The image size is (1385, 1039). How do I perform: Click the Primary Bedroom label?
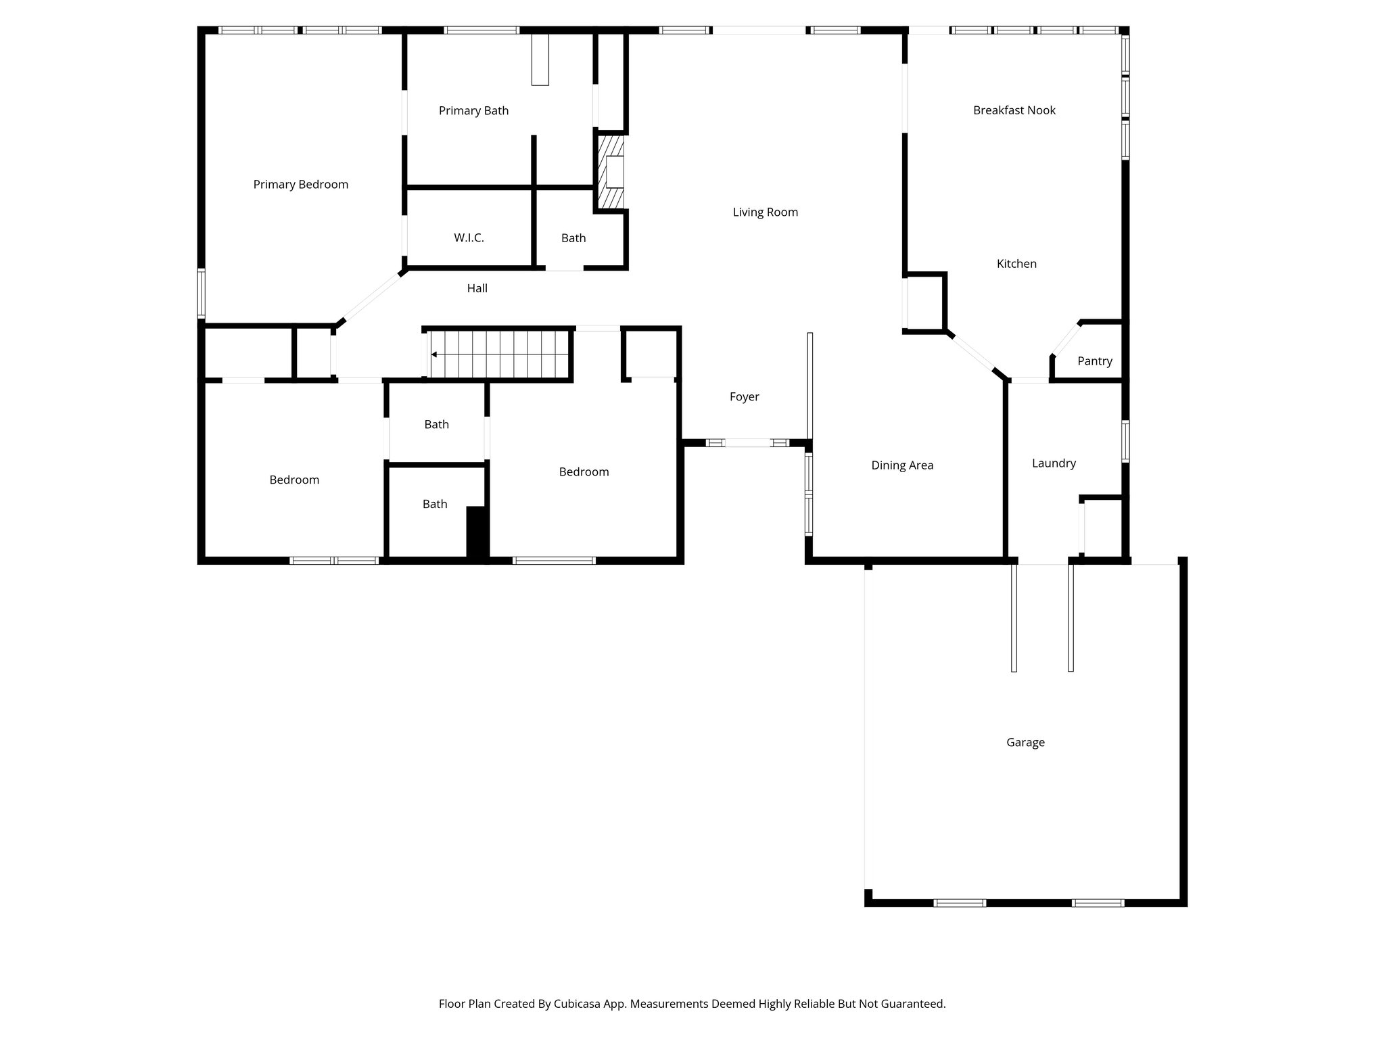click(x=300, y=185)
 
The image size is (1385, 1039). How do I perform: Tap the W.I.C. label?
click(x=469, y=238)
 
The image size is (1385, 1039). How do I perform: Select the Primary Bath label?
click(x=473, y=111)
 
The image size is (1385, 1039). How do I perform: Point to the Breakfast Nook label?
click(x=1014, y=110)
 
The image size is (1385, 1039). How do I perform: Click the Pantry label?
click(x=1094, y=361)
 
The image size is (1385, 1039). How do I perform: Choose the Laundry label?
click(x=1054, y=463)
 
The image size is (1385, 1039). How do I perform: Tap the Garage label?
click(x=1025, y=743)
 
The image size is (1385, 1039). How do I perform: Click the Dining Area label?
click(x=902, y=465)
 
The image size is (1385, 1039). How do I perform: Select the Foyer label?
click(x=744, y=397)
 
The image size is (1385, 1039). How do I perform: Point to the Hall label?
click(x=477, y=288)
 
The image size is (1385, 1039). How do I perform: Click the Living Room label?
click(x=765, y=212)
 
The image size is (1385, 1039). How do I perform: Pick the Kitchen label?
click(x=1016, y=264)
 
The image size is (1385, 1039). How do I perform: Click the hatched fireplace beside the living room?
click(x=609, y=172)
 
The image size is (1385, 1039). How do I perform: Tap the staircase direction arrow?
click(x=433, y=354)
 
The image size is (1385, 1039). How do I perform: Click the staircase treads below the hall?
click(x=504, y=354)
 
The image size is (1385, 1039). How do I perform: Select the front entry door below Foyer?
click(x=747, y=443)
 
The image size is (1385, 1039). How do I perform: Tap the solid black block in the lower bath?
click(x=477, y=532)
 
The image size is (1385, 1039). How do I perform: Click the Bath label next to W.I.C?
click(x=573, y=238)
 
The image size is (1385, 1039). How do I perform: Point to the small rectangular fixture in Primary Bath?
click(x=540, y=60)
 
